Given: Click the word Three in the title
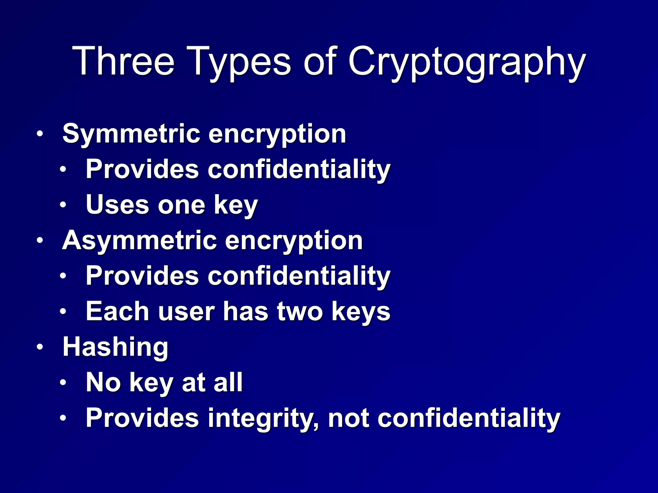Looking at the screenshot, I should tap(123, 61).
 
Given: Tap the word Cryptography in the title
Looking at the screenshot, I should tap(467, 63).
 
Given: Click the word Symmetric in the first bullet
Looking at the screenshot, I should tap(131, 134).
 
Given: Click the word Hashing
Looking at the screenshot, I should tap(115, 348).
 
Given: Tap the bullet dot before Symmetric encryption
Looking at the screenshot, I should tap(40, 134).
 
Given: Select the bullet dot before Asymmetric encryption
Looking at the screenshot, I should tap(40, 240).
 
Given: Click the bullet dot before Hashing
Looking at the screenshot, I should tap(40, 347).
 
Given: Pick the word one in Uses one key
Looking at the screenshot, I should tap(181, 205).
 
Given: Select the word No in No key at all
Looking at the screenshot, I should tap(103, 383).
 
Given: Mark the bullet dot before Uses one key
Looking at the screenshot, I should tap(63, 205).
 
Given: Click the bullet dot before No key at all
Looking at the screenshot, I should tap(63, 382).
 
